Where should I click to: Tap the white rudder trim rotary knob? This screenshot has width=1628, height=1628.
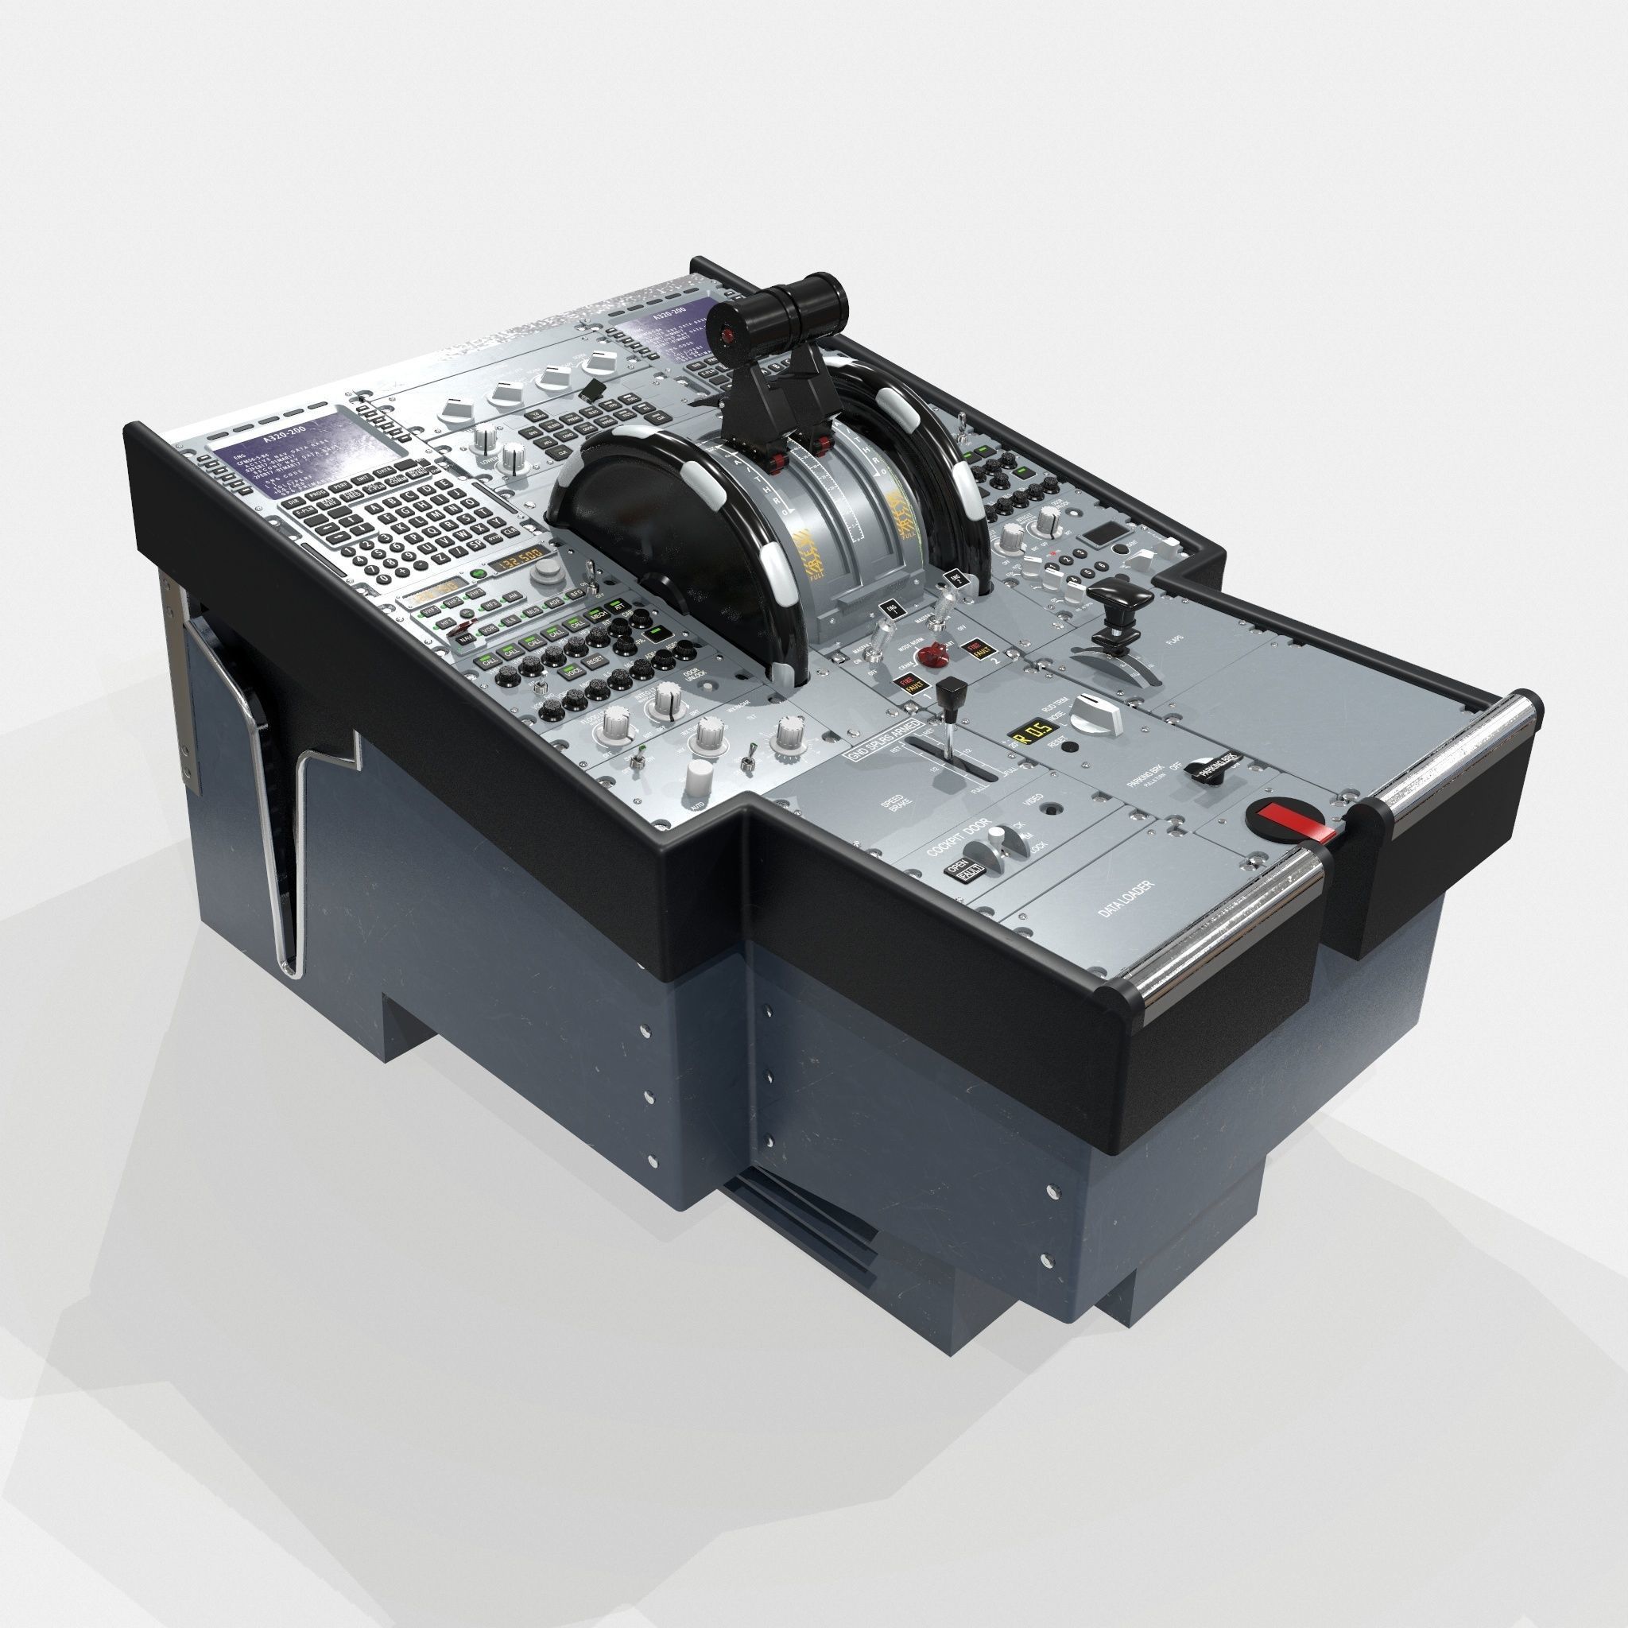click(1097, 716)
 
